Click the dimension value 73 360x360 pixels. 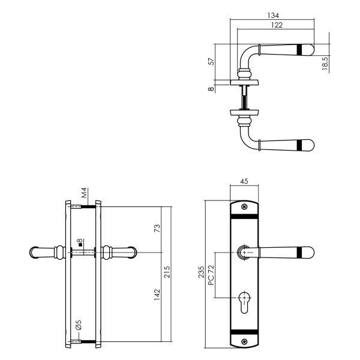pyautogui.click(x=157, y=230)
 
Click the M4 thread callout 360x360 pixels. pyautogui.click(x=85, y=193)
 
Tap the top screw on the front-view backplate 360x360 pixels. pyautogui.click(x=244, y=208)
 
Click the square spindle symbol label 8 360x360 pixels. pyautogui.click(x=79, y=244)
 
